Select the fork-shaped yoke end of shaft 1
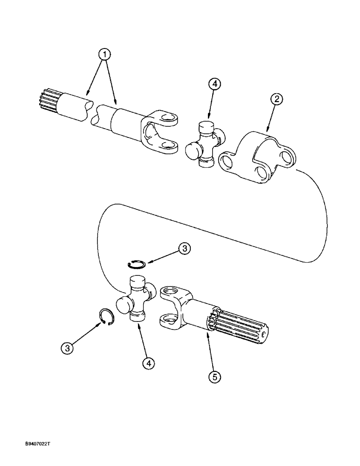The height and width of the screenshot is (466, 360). (159, 132)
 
